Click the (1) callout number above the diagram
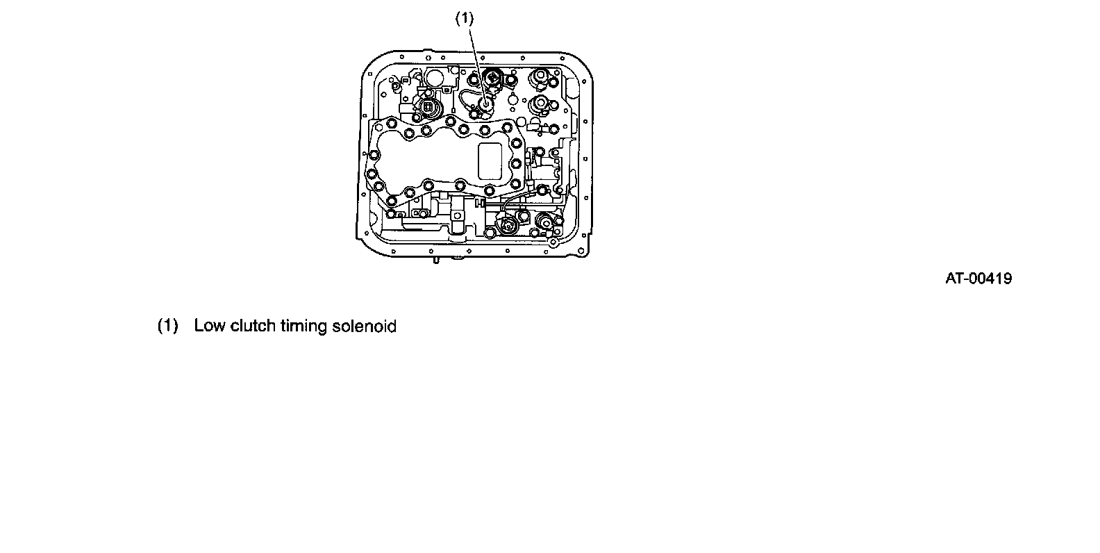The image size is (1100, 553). [464, 19]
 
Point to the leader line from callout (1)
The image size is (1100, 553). [474, 63]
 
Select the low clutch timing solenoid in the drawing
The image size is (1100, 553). [485, 105]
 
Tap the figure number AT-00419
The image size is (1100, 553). [978, 279]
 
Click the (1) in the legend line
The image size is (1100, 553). [168, 326]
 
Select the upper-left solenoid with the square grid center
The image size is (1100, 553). [428, 108]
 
